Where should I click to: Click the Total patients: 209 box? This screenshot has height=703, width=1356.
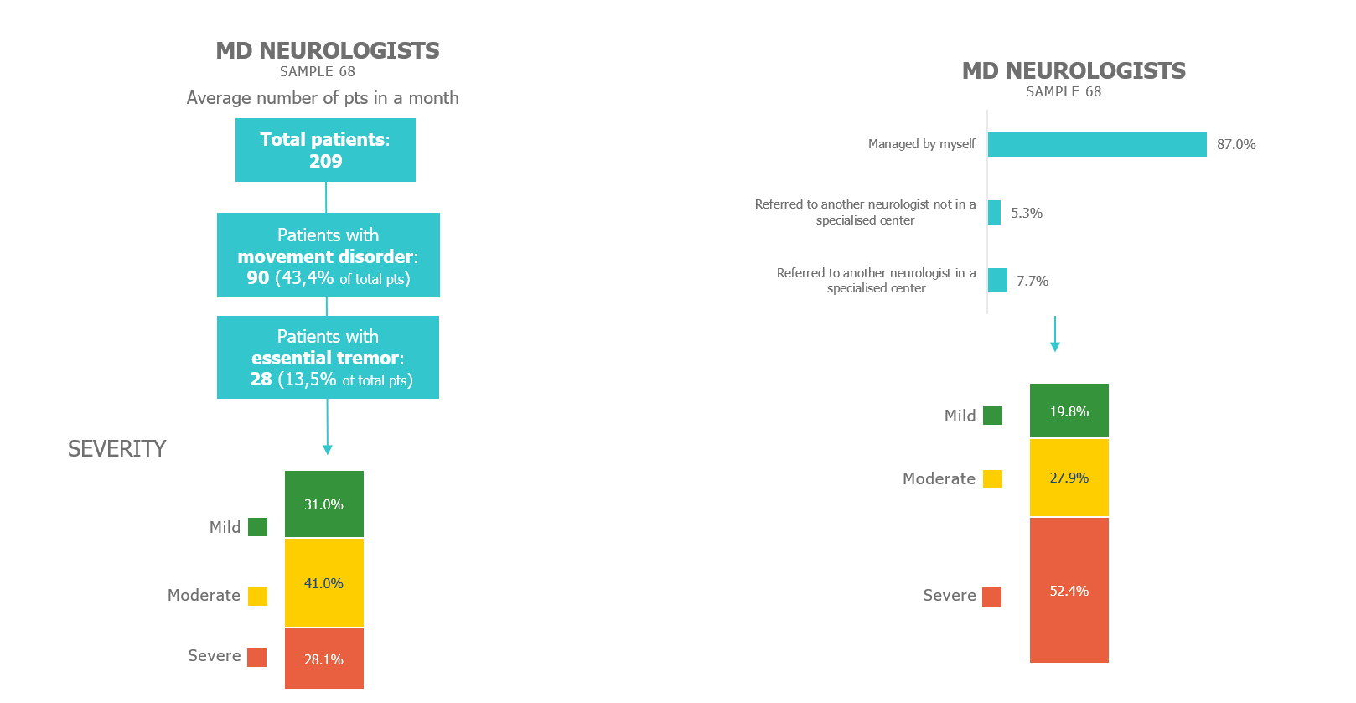(x=325, y=150)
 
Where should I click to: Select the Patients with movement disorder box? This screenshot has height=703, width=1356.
(x=328, y=256)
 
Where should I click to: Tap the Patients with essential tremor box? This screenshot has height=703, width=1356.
(x=328, y=358)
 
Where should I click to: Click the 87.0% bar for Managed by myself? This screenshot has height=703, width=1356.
(x=1097, y=144)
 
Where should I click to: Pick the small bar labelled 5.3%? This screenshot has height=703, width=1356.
(x=994, y=213)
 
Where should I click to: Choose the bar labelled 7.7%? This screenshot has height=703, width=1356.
(x=997, y=281)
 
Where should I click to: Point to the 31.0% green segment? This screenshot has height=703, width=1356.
(x=323, y=504)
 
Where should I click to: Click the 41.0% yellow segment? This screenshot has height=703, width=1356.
(x=323, y=583)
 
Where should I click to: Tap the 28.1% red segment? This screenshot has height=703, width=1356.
(x=323, y=659)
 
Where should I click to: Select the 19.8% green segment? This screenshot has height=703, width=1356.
(x=1069, y=411)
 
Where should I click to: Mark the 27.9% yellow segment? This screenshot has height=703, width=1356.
(x=1069, y=478)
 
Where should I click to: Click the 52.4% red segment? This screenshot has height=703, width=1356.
(x=1069, y=591)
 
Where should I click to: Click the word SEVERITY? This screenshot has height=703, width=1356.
(x=116, y=449)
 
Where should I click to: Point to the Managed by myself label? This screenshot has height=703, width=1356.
(x=921, y=144)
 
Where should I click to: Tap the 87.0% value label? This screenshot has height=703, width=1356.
(x=1236, y=144)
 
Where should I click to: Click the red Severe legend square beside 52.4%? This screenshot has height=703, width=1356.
(x=991, y=597)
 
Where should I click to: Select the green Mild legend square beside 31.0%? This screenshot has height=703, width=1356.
(x=257, y=527)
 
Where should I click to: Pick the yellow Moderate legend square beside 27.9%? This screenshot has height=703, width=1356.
(x=992, y=479)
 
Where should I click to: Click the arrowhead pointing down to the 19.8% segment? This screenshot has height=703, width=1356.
(x=1055, y=346)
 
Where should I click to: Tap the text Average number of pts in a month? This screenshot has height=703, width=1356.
(x=323, y=98)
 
